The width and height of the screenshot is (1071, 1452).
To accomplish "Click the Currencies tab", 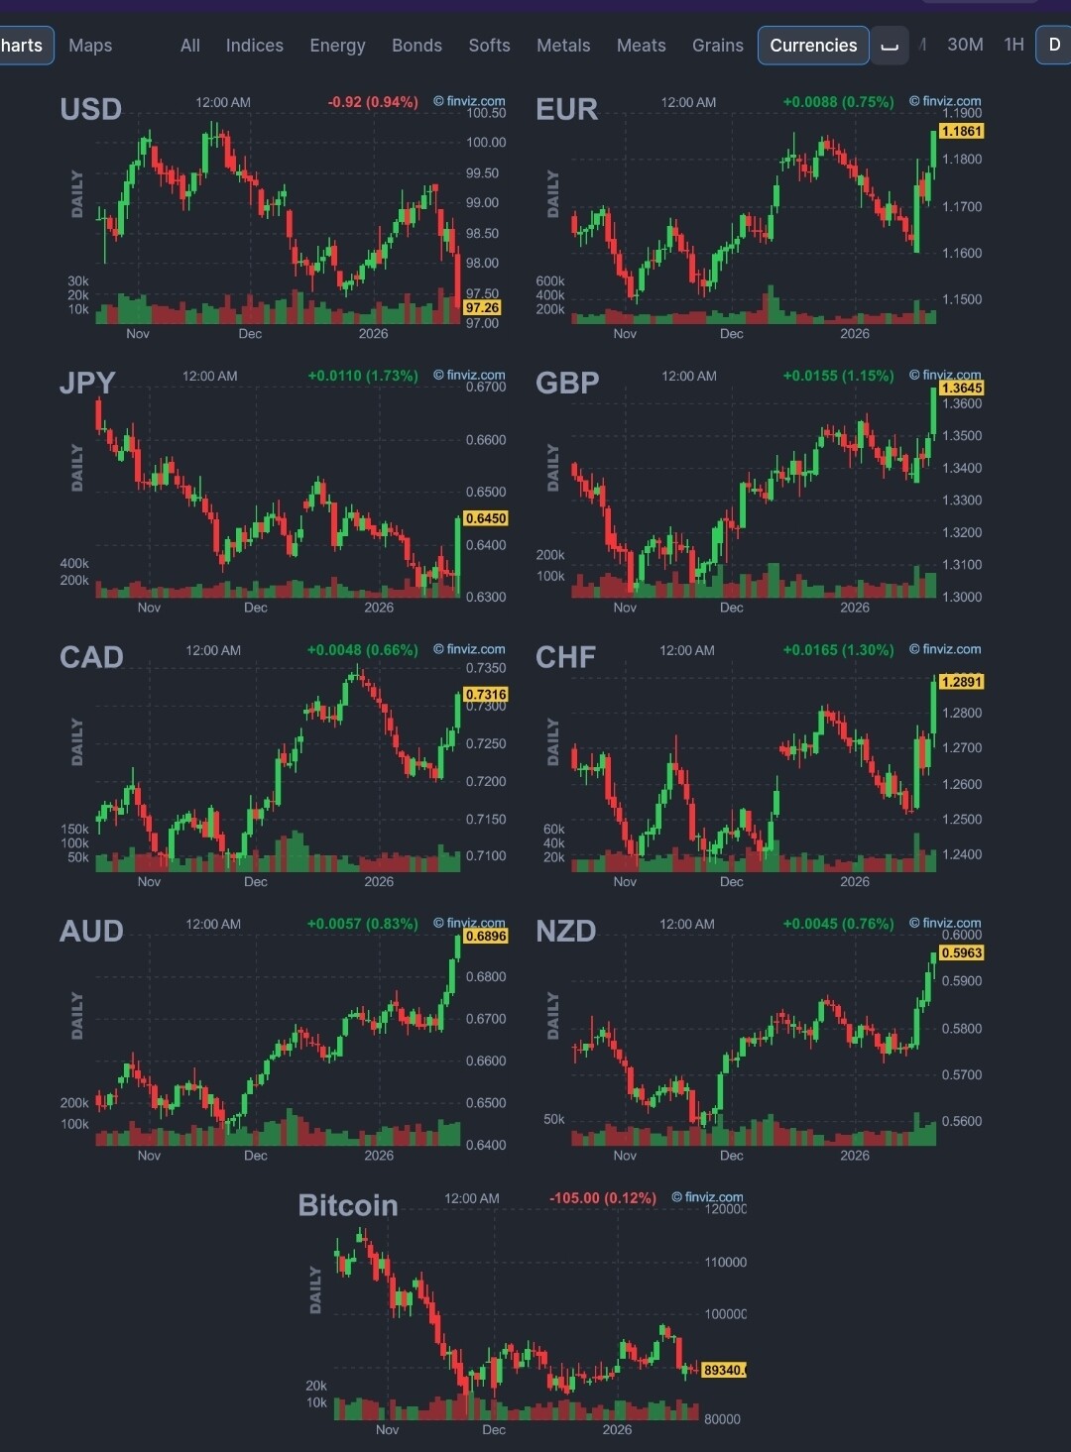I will tap(813, 46).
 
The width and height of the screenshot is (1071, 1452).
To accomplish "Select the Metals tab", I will tap(563, 46).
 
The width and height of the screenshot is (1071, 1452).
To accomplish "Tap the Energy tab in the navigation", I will tap(337, 46).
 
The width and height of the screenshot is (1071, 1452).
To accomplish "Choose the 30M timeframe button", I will tap(965, 45).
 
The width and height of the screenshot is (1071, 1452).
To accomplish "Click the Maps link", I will tap(90, 46).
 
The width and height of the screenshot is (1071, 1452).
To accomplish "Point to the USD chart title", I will tap(90, 109).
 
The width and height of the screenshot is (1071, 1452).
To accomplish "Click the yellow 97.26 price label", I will tap(482, 308).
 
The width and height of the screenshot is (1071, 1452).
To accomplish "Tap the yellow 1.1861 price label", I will tap(961, 131).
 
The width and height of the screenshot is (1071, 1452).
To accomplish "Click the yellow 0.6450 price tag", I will tap(486, 518).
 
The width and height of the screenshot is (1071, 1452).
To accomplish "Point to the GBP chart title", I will tap(567, 384).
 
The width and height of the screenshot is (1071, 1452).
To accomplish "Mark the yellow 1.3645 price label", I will tap(961, 388).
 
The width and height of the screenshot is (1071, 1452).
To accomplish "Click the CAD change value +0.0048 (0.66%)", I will tap(362, 650).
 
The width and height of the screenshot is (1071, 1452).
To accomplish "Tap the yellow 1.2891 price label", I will tap(961, 682).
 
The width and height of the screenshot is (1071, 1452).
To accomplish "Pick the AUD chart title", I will tap(91, 932).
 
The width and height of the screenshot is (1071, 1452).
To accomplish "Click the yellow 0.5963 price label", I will tap(961, 952).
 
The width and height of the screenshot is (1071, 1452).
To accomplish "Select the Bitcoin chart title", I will tap(348, 1205).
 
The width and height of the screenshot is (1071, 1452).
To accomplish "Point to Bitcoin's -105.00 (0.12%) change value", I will tap(603, 1198).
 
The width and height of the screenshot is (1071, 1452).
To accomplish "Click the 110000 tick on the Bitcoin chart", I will tap(725, 1263).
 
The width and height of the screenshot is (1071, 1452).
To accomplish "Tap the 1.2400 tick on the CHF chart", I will tap(961, 854).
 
